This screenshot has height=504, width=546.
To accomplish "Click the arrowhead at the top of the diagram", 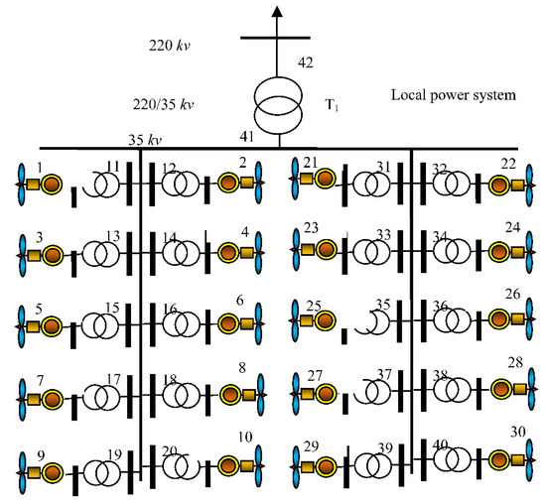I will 279,13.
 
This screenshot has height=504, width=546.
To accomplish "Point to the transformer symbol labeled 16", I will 181,323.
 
